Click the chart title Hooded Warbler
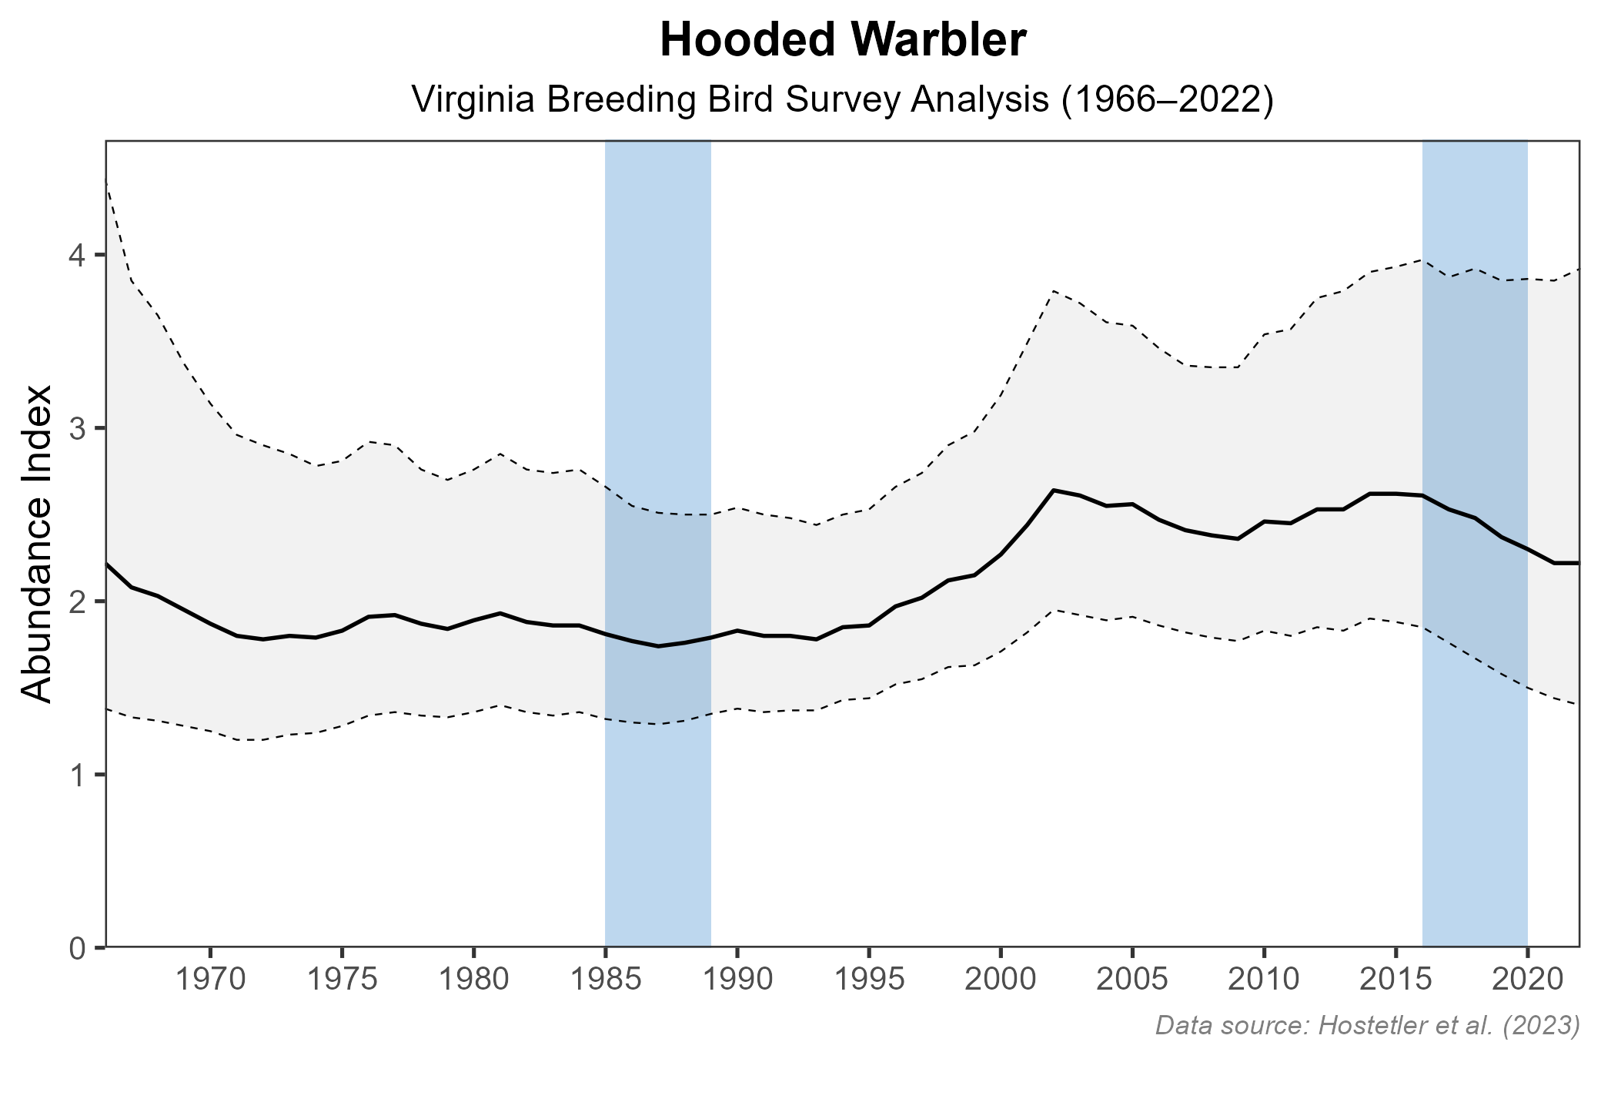tap(843, 42)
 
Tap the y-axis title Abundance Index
tap(36, 544)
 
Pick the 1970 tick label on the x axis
tap(210, 981)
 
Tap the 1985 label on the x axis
tap(606, 981)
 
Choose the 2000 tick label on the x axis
tap(1001, 981)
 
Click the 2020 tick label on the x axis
tap(1527, 981)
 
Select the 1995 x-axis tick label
tap(869, 981)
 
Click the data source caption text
tap(1367, 1026)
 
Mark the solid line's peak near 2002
tap(1054, 490)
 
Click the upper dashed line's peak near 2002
tap(1054, 290)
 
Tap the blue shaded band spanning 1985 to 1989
tap(658, 809)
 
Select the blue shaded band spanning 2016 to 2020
tap(1475, 809)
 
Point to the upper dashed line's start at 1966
tap(106, 179)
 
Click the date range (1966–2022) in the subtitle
tap(1168, 101)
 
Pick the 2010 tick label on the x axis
tap(1264, 981)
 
